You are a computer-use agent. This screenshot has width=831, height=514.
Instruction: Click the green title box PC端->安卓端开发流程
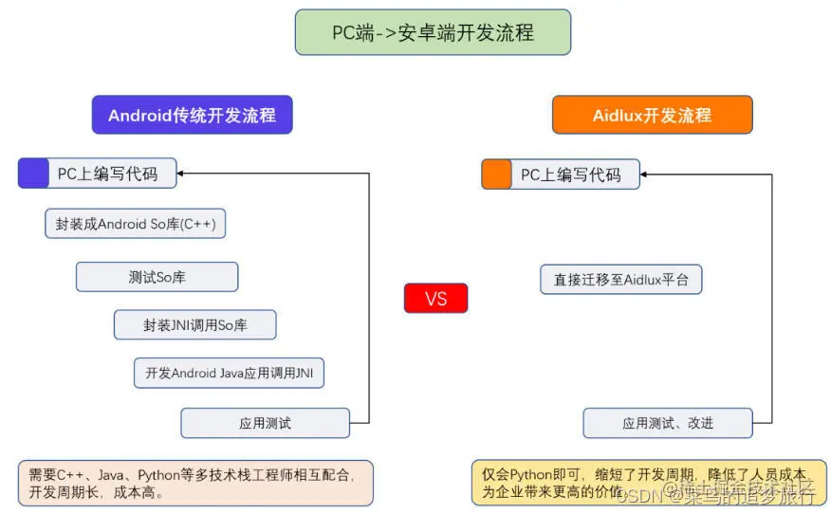[433, 32]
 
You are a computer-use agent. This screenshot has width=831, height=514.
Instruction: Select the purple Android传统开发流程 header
[192, 115]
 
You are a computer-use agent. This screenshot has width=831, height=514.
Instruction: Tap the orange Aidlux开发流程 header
[652, 115]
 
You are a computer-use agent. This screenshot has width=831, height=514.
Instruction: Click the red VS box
[435, 298]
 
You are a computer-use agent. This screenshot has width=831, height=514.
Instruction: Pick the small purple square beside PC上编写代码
[33, 174]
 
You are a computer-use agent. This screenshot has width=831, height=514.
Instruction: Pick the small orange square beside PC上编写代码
[496, 174]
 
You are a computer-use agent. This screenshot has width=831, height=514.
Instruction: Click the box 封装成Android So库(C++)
[135, 224]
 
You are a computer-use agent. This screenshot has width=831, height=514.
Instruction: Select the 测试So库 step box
[157, 277]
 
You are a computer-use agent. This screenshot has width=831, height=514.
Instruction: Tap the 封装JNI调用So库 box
[195, 324]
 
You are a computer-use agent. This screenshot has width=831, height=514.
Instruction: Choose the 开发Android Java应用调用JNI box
[229, 373]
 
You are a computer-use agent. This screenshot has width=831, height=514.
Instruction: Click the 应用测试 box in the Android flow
[265, 423]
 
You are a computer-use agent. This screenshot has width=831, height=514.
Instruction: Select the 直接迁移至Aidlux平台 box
[621, 280]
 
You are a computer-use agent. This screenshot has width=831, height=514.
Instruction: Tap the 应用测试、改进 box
[667, 423]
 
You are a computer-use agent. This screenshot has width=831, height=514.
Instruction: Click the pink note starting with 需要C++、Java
[195, 483]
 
